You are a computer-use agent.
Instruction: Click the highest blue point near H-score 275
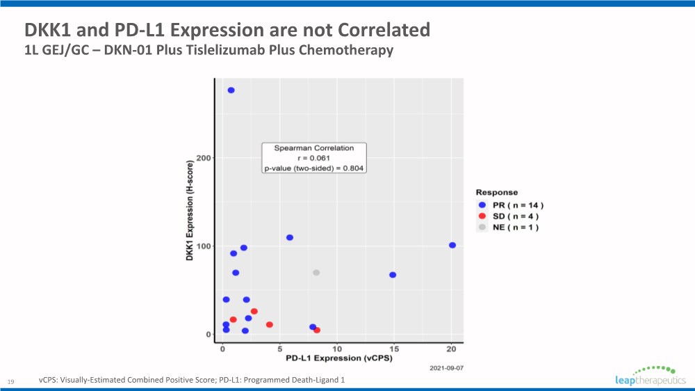tap(231, 90)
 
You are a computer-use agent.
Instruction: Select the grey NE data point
tap(316, 273)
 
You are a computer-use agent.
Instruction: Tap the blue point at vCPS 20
tap(452, 246)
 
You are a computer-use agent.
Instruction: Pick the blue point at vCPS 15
tap(393, 275)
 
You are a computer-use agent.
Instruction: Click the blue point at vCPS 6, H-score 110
tap(290, 238)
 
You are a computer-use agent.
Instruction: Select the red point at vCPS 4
tap(270, 325)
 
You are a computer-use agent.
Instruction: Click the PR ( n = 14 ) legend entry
tap(509, 205)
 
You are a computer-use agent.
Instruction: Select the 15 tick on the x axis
tap(393, 349)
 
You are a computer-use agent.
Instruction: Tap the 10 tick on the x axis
tap(337, 349)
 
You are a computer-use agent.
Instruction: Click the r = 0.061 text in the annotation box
tap(314, 158)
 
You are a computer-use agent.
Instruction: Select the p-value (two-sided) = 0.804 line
tap(314, 168)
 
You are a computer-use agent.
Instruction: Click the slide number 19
tap(10, 381)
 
